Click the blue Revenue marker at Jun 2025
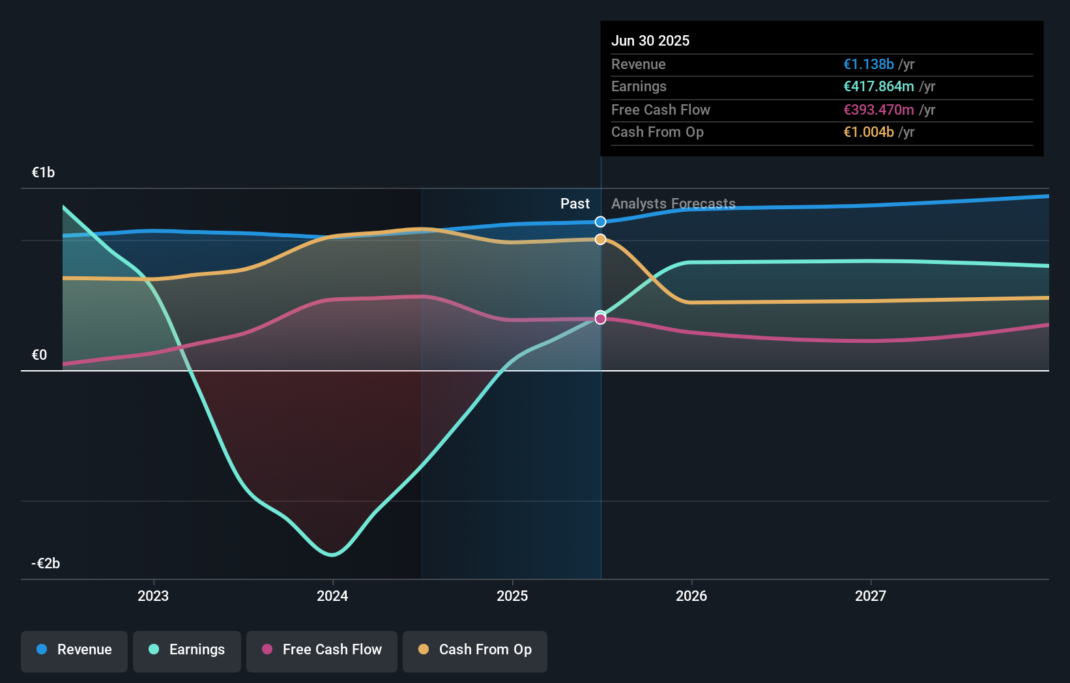pos(600,222)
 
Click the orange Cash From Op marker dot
pos(600,239)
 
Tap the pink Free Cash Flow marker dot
pos(600,319)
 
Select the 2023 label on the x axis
pos(153,596)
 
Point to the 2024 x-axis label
pos(332,596)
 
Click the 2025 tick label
pos(512,596)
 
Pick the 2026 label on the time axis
pos(691,596)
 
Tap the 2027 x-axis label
pos(871,596)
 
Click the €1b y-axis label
pos(43,172)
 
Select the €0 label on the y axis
pos(39,355)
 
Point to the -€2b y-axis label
pos(46,563)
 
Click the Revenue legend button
pos(74,650)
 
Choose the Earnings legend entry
pos(187,650)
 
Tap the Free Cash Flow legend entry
pos(322,650)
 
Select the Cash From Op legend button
pos(475,650)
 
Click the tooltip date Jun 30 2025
pos(650,40)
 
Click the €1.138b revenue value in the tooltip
pos(868,64)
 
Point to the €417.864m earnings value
pos(878,86)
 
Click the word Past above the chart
pos(575,203)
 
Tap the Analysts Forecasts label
pos(673,203)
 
